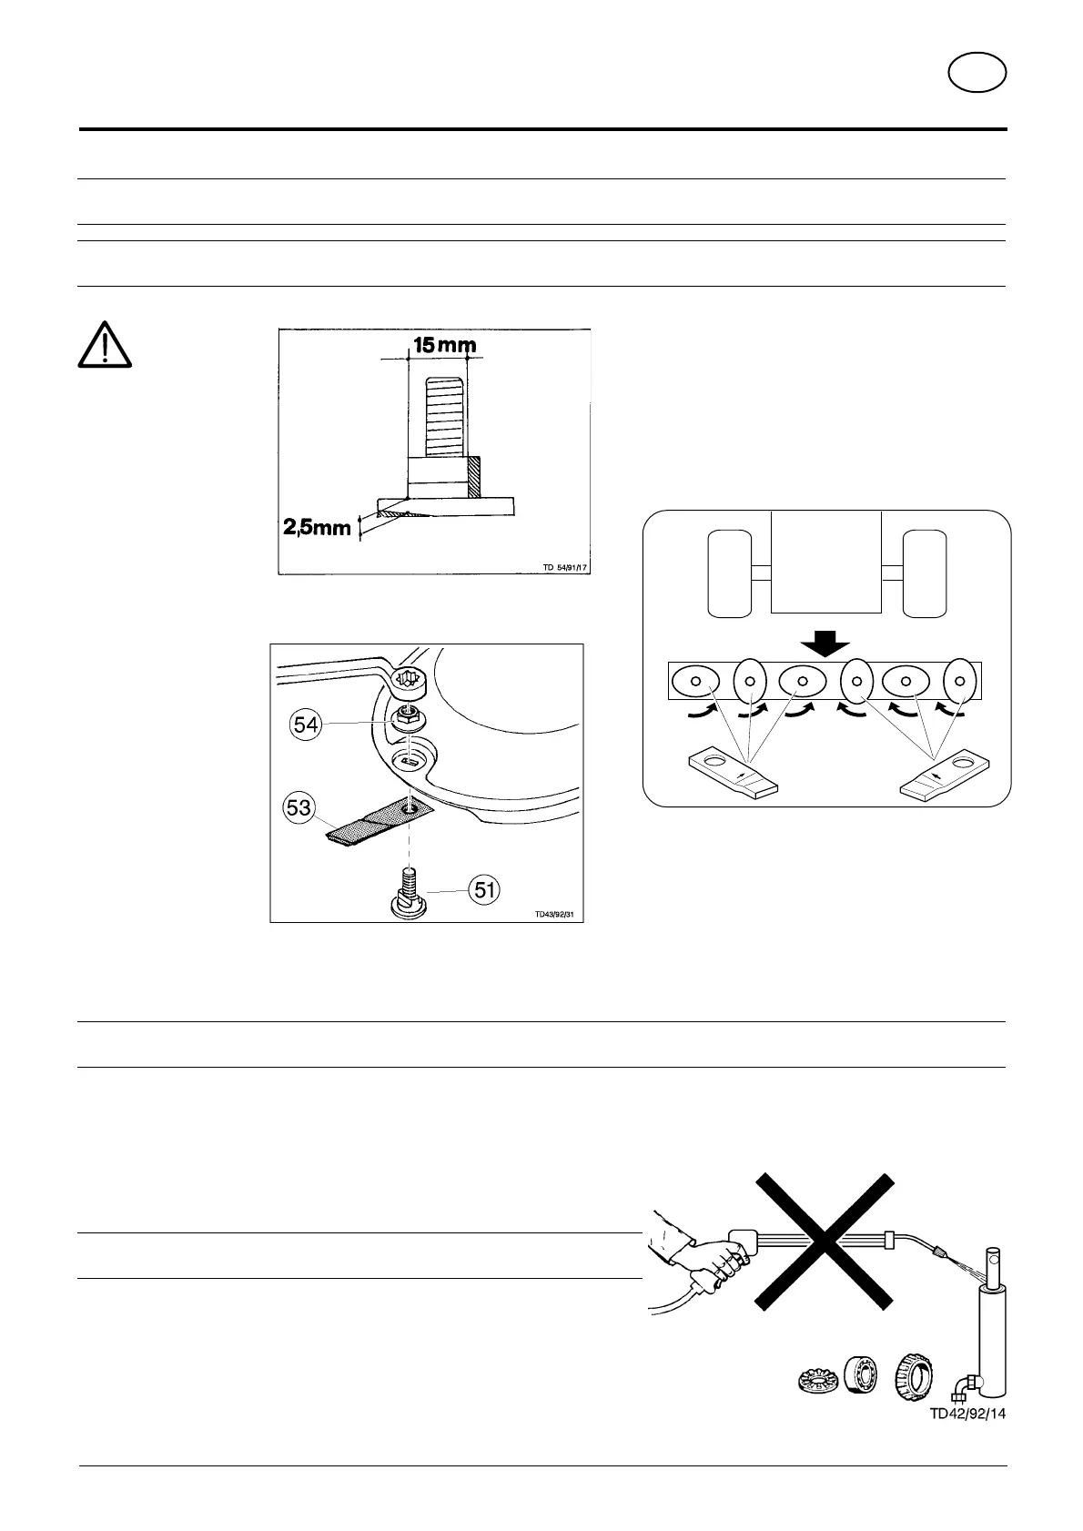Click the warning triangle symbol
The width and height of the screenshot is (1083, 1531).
105,345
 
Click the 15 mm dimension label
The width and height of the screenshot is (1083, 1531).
445,345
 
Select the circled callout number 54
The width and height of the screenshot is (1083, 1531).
307,725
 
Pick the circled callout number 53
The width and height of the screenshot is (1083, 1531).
299,807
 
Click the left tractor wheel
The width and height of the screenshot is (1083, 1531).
729,573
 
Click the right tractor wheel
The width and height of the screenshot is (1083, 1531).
924,573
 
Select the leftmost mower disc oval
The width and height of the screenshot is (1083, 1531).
696,681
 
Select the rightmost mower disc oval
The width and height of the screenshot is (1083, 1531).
959,680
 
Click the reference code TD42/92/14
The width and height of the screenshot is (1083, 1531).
967,1439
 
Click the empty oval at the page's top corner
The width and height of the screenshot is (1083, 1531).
977,74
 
